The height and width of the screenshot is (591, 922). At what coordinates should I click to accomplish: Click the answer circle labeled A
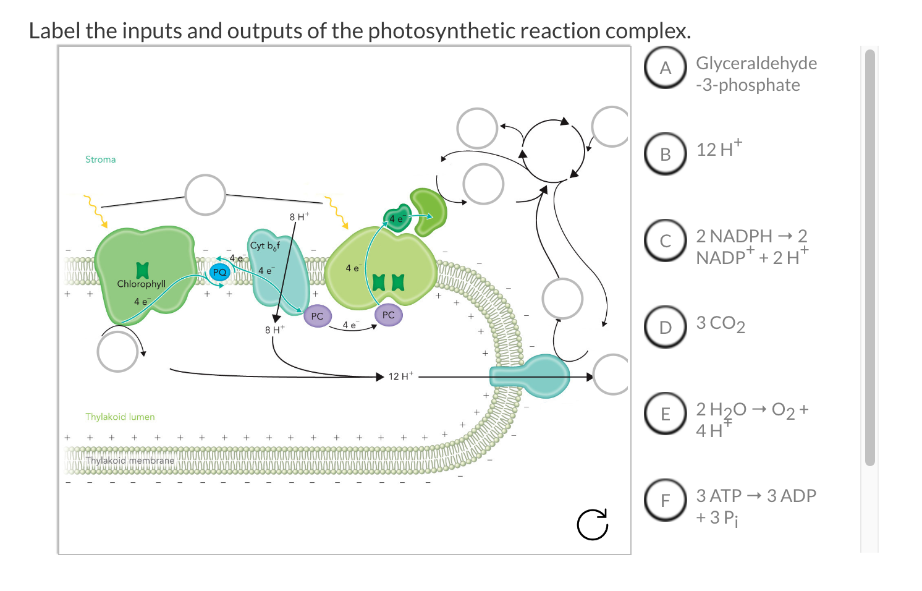click(x=665, y=67)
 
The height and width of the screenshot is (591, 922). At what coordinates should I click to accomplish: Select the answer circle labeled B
click(x=665, y=154)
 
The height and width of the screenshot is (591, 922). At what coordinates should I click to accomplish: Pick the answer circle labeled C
click(x=665, y=240)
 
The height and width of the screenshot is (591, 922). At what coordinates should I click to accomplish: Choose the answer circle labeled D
click(x=665, y=327)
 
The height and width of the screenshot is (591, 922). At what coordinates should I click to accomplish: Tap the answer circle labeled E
click(x=665, y=414)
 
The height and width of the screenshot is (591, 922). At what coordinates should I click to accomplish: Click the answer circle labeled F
click(x=665, y=500)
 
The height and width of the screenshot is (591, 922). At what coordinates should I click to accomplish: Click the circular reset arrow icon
click(x=593, y=524)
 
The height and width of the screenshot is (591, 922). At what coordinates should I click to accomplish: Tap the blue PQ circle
click(x=219, y=272)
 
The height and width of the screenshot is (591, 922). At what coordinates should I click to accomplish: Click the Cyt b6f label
click(x=265, y=245)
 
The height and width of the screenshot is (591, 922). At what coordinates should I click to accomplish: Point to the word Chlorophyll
click(x=142, y=284)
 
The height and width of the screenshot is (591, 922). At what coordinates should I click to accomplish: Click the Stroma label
click(x=100, y=159)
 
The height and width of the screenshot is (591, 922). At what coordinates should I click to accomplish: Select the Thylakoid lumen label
click(x=120, y=417)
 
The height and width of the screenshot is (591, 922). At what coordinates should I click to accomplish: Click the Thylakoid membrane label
click(x=130, y=461)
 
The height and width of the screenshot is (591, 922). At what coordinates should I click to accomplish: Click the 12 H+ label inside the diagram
click(x=401, y=376)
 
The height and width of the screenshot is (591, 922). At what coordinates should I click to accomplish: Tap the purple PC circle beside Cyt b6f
click(x=317, y=316)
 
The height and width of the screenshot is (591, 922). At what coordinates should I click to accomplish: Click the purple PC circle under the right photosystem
click(x=388, y=315)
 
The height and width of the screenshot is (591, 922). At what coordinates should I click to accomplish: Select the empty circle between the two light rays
click(x=205, y=195)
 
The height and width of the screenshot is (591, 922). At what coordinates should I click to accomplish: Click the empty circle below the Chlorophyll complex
click(x=117, y=351)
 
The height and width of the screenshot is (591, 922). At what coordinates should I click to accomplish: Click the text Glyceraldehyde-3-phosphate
click(x=756, y=74)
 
